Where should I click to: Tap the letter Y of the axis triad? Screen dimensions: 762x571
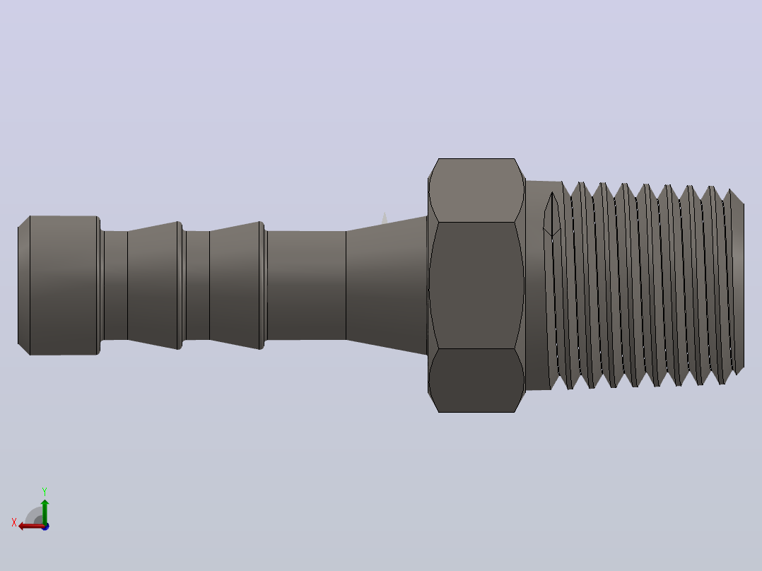tap(45, 491)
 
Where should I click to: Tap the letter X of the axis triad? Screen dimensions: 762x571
tap(14, 522)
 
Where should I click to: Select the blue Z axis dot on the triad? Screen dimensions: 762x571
tap(45, 526)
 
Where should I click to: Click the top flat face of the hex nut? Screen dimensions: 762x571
tap(476, 190)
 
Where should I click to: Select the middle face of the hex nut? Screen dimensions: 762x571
tap(476, 285)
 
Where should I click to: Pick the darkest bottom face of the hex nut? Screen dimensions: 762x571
tap(476, 380)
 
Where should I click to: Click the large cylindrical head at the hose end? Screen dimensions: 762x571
tap(64, 285)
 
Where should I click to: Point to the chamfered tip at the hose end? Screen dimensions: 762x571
tap(24, 285)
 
